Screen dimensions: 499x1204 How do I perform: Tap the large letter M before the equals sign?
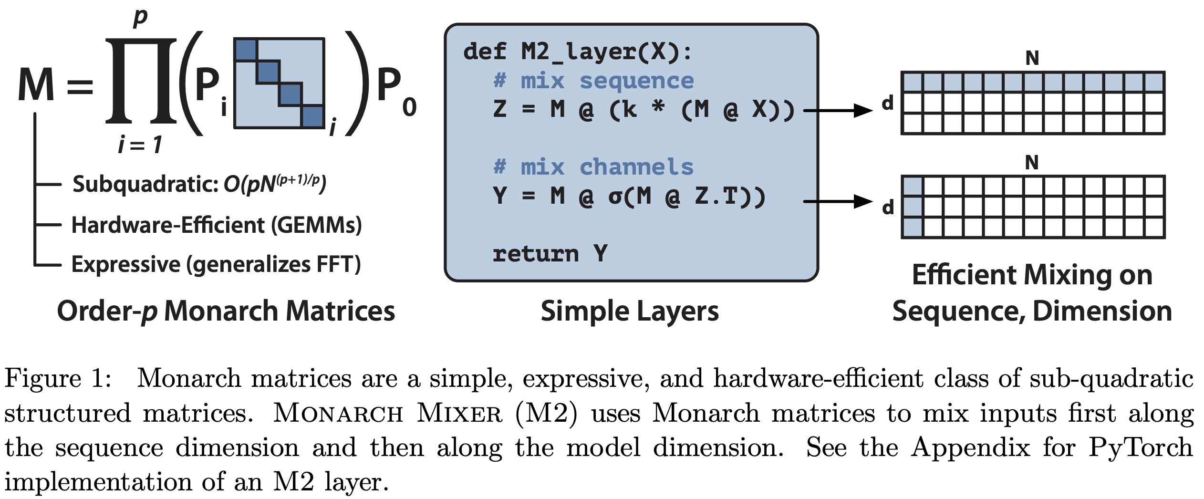click(x=36, y=85)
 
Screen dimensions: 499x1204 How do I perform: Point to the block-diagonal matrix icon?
click(x=279, y=83)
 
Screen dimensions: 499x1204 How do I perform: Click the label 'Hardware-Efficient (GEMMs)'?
click(x=217, y=225)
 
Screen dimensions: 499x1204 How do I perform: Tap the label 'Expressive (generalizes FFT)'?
click(x=216, y=264)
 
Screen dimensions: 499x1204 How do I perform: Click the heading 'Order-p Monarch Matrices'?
click(x=226, y=311)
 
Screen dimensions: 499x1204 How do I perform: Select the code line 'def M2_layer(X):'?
click(x=577, y=52)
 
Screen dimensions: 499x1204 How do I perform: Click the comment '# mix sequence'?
click(x=593, y=81)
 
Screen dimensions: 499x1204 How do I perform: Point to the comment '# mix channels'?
click(x=593, y=167)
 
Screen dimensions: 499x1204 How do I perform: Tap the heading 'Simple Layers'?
click(x=630, y=311)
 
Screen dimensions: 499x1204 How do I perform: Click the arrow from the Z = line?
click(x=838, y=111)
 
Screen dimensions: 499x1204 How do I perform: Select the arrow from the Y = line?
click(x=838, y=201)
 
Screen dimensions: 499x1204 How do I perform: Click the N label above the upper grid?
click(x=1032, y=58)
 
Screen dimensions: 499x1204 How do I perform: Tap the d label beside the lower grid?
click(x=888, y=208)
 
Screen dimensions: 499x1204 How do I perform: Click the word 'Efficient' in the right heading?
click(x=964, y=275)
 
